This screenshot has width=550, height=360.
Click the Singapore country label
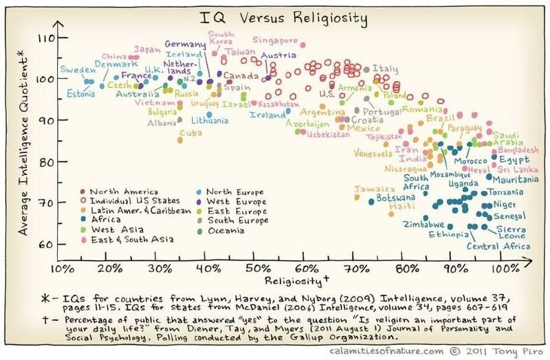click(x=275, y=40)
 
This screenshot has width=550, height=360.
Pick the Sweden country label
click(x=76, y=70)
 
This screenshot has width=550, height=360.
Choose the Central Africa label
click(x=498, y=246)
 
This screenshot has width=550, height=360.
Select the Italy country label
click(x=385, y=69)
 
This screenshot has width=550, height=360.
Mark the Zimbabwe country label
click(x=425, y=225)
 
